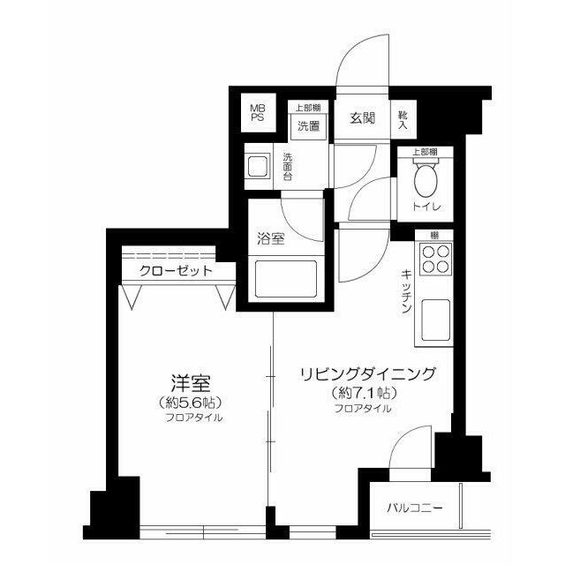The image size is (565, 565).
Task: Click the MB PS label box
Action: pyautogui.click(x=257, y=112)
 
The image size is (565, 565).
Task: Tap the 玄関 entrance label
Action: pyautogui.click(x=362, y=118)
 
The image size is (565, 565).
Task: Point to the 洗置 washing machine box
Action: pyautogui.click(x=308, y=125)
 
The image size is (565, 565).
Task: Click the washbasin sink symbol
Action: pyautogui.click(x=259, y=166)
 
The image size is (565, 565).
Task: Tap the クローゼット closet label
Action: pyautogui.click(x=175, y=270)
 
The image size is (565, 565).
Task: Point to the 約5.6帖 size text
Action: pyautogui.click(x=189, y=402)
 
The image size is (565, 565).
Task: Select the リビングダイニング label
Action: pyautogui.click(x=367, y=374)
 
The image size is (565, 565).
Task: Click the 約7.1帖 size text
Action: pyautogui.click(x=363, y=393)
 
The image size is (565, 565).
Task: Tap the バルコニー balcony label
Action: pyautogui.click(x=414, y=508)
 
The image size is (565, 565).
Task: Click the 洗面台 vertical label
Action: pyautogui.click(x=288, y=168)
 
